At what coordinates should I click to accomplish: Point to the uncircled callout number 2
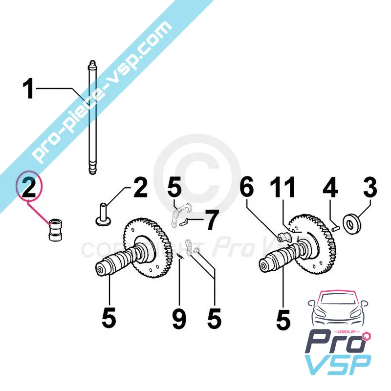pos(140,188)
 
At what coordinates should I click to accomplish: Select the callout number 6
pos(247,187)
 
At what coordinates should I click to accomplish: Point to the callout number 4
pos(331,187)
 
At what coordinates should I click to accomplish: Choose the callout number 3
pos(369,187)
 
